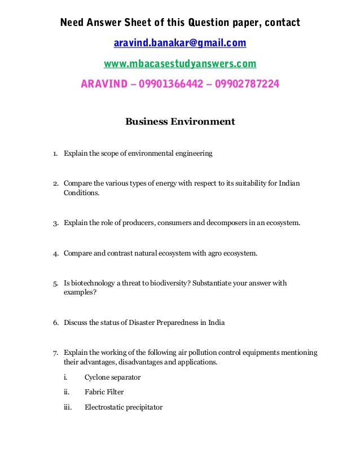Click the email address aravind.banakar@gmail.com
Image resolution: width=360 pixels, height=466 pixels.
180,43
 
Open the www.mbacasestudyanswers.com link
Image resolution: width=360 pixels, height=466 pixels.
180,63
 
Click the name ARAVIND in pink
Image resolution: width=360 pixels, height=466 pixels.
104,85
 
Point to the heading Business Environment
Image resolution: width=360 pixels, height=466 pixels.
180,121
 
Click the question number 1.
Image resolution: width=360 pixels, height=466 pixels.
55,153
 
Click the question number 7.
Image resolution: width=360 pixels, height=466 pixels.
55,353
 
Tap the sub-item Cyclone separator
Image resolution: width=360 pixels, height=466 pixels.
112,377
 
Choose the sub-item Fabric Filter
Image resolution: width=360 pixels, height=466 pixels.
104,392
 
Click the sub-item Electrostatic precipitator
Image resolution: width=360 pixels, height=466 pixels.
123,407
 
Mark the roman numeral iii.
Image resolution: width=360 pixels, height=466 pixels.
68,407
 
